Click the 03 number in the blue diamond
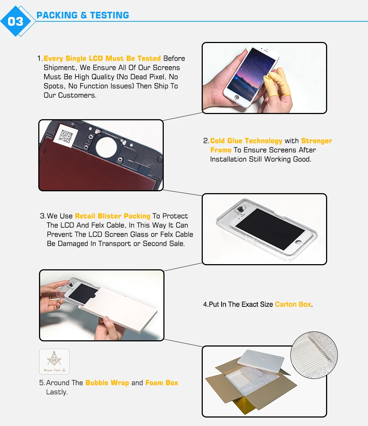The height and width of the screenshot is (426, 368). tap(15, 21)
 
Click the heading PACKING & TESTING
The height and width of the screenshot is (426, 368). tap(83, 15)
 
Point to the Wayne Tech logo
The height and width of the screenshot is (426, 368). tap(54, 362)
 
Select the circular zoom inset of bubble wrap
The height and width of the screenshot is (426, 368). tap(314, 355)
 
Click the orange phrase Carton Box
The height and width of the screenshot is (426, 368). tap(293, 304)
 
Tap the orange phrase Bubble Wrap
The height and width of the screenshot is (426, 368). tap(107, 383)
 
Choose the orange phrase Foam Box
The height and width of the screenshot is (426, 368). tap(162, 383)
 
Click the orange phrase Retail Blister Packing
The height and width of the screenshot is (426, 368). tap(113, 216)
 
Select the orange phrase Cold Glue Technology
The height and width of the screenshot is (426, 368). tap(246, 141)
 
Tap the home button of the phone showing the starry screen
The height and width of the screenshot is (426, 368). tap(237, 97)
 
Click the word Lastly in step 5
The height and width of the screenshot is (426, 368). tap(57, 392)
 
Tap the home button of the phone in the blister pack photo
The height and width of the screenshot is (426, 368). tap(298, 242)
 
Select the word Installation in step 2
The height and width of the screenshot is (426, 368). tap(228, 159)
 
